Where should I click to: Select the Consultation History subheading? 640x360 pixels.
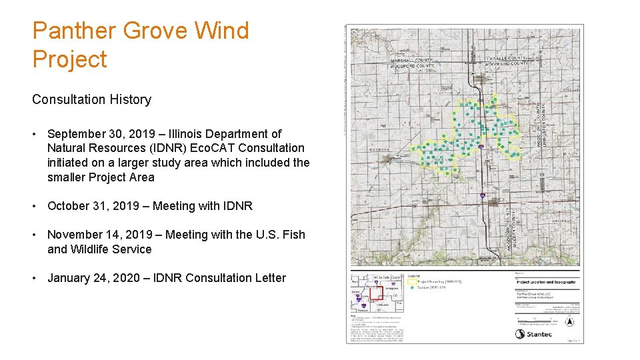[91, 99]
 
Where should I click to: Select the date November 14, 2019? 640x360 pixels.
[98, 235]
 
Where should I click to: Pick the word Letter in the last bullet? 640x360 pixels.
[267, 278]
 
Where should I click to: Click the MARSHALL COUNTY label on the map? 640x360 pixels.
[412, 60]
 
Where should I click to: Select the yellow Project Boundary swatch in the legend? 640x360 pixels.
[412, 282]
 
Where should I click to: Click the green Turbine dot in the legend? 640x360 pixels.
[412, 288]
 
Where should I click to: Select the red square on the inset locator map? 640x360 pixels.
[375, 293]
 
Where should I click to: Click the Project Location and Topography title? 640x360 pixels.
[546, 282]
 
